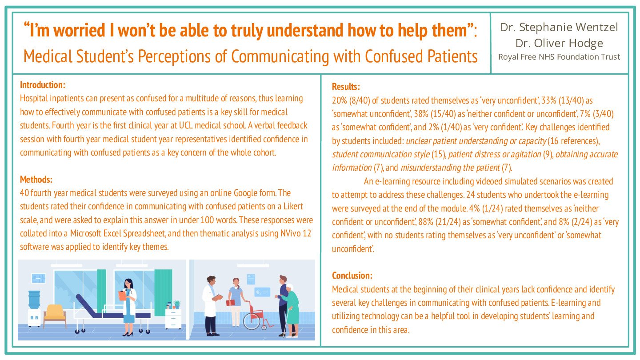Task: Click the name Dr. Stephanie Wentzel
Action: click(x=559, y=28)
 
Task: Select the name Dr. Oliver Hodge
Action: click(x=559, y=43)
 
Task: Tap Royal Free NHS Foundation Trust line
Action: click(x=559, y=57)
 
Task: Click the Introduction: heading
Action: click(x=43, y=85)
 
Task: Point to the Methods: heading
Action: click(x=36, y=180)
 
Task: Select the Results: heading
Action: click(x=346, y=87)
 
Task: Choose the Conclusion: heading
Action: click(x=352, y=276)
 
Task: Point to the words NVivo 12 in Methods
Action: click(x=293, y=234)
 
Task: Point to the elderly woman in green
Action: click(x=292, y=309)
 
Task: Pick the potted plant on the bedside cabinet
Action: click(x=176, y=304)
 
